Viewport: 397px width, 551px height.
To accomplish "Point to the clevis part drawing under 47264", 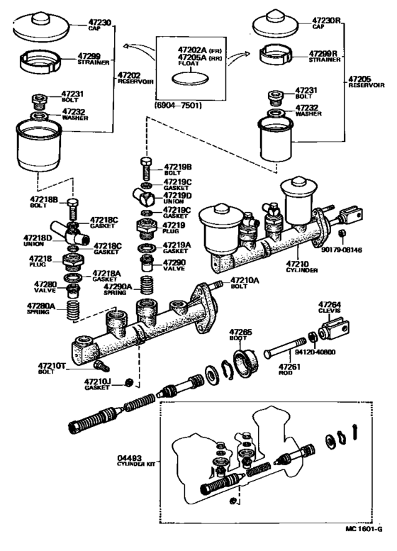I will pyautogui.click(x=334, y=332).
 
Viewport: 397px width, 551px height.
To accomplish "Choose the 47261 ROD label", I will pyautogui.click(x=290, y=369).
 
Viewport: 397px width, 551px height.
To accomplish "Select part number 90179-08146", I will pyautogui.click(x=358, y=250).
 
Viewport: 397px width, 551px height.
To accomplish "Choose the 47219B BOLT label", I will pyautogui.click(x=177, y=169).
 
